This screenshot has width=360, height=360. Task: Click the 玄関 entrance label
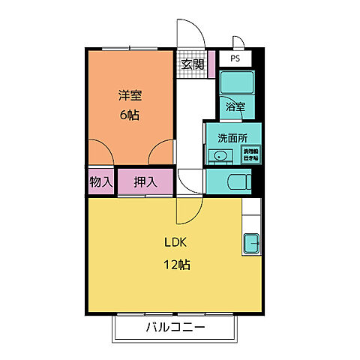click(193, 64)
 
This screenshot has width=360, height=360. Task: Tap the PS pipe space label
click(235, 58)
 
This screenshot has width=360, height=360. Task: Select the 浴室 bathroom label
click(235, 106)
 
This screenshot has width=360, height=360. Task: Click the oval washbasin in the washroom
click(220, 156)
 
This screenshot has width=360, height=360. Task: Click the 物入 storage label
click(100, 181)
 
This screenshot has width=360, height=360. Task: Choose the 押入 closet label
click(145, 181)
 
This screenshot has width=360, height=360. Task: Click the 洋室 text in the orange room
click(130, 96)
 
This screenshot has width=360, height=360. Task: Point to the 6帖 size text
click(130, 115)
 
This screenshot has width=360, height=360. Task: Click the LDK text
click(175, 242)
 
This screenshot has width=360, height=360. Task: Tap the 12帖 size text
click(178, 264)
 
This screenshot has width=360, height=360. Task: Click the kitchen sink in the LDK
click(250, 244)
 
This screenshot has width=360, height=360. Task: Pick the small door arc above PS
click(239, 43)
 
